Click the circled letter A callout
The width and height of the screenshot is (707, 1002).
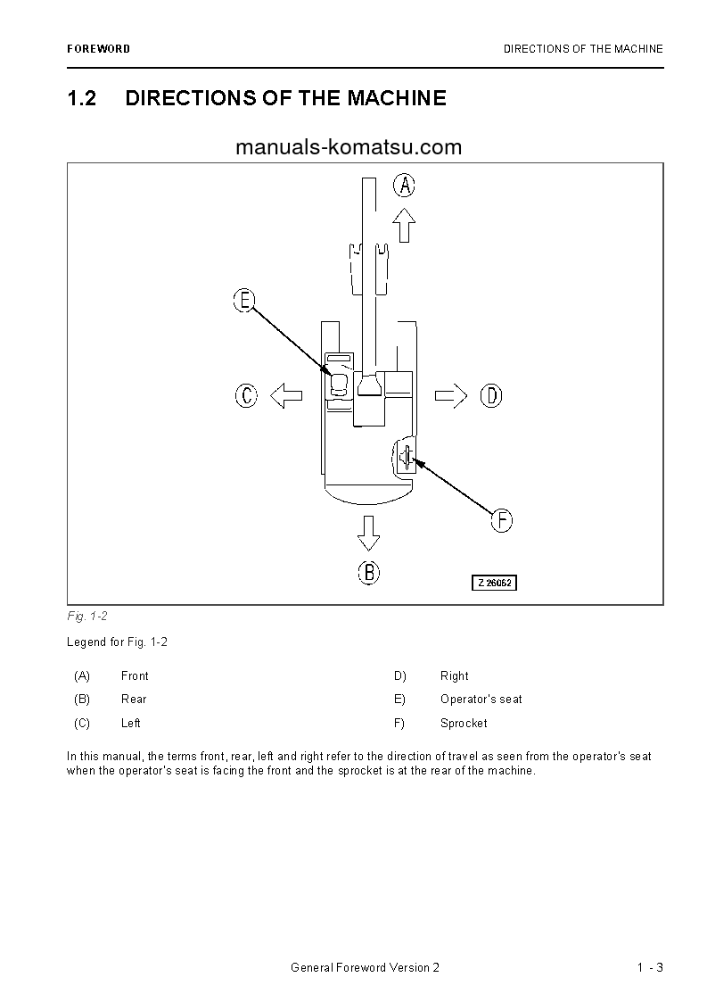tap(405, 186)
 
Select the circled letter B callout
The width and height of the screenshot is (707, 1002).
tap(369, 572)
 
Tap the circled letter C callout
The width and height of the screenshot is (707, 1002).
tap(247, 395)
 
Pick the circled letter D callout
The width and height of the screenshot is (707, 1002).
tap(491, 395)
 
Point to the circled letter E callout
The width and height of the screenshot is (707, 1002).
tap(244, 301)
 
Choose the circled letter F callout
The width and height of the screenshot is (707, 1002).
tap(502, 520)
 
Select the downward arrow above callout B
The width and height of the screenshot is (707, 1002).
tap(368, 532)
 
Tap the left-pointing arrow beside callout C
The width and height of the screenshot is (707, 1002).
tap(286, 395)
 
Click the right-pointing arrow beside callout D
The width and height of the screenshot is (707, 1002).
tap(451, 395)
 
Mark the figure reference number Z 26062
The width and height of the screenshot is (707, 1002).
tap(494, 583)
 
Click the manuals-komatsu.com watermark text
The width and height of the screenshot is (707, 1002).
tap(349, 147)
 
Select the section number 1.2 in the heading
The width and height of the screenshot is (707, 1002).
tap(81, 98)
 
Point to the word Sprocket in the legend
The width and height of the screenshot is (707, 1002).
tap(464, 724)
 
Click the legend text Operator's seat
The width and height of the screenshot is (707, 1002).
tap(481, 700)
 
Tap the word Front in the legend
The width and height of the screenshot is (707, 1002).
tap(135, 676)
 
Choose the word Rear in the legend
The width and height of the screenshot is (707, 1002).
tap(134, 700)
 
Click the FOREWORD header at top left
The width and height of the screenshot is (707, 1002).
tap(98, 49)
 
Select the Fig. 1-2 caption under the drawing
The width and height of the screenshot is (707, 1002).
tap(86, 617)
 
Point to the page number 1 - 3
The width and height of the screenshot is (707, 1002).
tap(650, 968)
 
